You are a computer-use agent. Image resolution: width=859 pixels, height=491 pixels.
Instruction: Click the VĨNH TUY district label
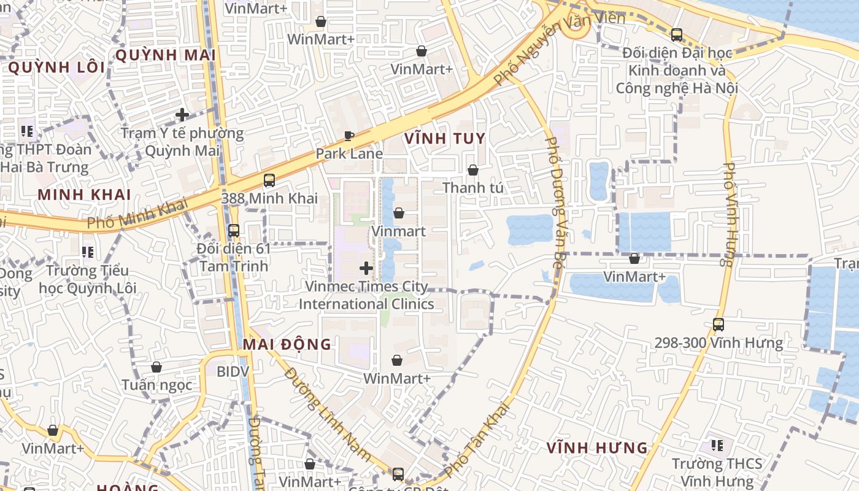point(445,139)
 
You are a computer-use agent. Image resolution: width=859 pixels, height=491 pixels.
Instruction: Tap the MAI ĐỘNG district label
point(287,344)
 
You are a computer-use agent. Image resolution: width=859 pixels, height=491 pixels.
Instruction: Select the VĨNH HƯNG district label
point(597,448)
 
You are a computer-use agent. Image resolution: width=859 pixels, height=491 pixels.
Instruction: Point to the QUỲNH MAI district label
point(165,55)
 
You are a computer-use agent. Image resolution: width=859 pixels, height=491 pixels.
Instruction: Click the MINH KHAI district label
point(85,195)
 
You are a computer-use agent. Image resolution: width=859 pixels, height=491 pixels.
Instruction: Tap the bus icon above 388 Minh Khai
point(269,180)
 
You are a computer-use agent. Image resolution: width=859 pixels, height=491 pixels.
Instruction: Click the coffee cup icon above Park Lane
point(349,136)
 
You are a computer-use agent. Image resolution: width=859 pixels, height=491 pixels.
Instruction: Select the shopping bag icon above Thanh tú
point(473,169)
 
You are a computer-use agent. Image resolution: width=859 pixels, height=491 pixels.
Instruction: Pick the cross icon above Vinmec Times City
point(366,268)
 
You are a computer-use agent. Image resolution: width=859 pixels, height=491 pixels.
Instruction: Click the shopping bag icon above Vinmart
point(399,213)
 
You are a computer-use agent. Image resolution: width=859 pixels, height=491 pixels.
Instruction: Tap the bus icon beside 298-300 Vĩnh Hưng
point(718,324)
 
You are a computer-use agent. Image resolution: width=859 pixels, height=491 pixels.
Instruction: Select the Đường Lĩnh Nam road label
point(328,414)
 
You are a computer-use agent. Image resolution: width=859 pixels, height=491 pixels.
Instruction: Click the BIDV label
point(233,371)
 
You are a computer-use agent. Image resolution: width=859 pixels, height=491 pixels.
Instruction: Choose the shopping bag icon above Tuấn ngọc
point(156,367)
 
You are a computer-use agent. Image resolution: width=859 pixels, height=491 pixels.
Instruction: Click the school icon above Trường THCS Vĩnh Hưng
point(717,445)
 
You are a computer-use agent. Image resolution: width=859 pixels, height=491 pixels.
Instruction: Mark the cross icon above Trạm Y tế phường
point(182,114)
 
